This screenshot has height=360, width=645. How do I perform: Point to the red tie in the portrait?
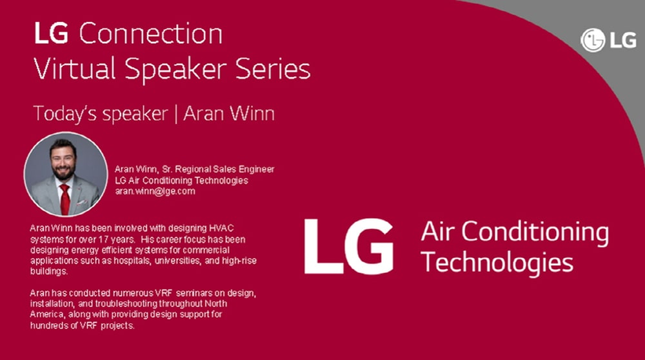point(64,197)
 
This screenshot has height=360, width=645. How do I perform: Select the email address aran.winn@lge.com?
point(155,192)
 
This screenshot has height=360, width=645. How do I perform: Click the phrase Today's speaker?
point(100,114)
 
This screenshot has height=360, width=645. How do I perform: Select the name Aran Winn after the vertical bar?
point(229,114)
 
